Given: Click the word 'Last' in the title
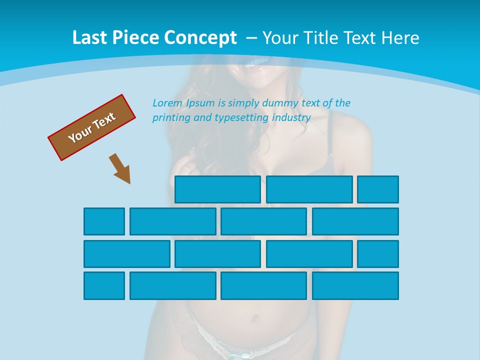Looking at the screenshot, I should [x=89, y=38].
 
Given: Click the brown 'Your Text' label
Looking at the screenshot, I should [x=92, y=127].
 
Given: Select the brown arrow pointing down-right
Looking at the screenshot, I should [x=120, y=168].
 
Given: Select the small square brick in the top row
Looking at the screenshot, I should [x=378, y=189].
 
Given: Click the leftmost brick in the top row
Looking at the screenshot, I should [x=217, y=189].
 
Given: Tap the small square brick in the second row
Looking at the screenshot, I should [x=104, y=221].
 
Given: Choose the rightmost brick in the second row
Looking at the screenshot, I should [x=355, y=221].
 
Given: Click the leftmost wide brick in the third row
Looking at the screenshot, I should [x=127, y=254].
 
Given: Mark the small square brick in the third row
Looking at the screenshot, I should [x=378, y=254].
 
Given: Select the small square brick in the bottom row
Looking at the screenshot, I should [x=104, y=285].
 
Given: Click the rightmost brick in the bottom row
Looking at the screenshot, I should [x=355, y=285].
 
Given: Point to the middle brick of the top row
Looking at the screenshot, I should [x=309, y=189].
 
